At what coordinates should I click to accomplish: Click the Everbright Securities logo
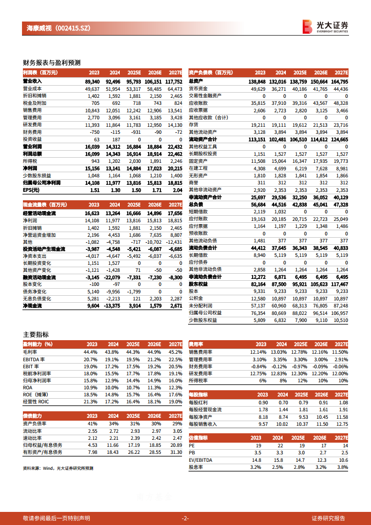pyautogui.click(x=325, y=27)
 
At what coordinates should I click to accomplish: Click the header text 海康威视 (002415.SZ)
pyautogui.click(x=56, y=28)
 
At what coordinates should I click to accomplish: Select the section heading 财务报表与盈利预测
pyautogui.click(x=52, y=62)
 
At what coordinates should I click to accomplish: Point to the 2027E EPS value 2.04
pyautogui.click(x=175, y=190)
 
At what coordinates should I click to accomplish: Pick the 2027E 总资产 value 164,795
pyautogui.click(x=339, y=81)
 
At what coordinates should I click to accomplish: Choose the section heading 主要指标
pyautogui.click(x=36, y=335)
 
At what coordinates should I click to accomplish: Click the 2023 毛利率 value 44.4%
pyautogui.click(x=90, y=352)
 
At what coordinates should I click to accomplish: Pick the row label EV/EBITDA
pyautogui.click(x=200, y=460)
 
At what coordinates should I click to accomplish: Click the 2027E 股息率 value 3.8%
pyautogui.click(x=342, y=467)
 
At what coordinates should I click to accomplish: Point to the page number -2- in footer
pyautogui.click(x=185, y=518)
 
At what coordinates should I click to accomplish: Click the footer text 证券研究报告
pyautogui.click(x=328, y=518)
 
